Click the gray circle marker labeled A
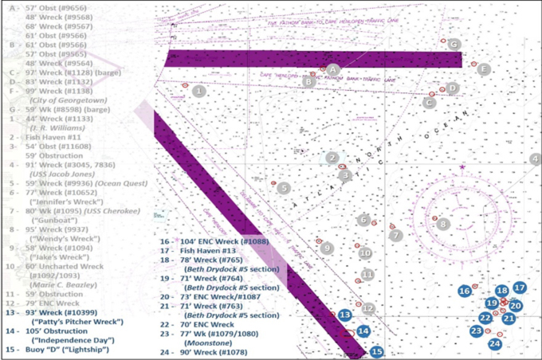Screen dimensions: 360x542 pyautogui.click(x=334, y=69)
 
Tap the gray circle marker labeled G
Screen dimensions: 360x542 pyautogui.click(x=454, y=44)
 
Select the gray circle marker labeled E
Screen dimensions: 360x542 pyautogui.click(x=483, y=68)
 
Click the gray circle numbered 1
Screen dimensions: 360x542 pyautogui.click(x=198, y=91)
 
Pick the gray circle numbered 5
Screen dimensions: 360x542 pyautogui.click(x=283, y=188)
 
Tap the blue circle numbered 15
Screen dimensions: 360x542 pyautogui.click(x=377, y=350)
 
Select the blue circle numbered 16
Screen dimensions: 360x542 pyautogui.click(x=464, y=292)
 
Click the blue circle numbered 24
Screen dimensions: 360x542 pyautogui.click(x=494, y=343)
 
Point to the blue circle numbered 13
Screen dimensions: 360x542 pyautogui.click(x=344, y=315)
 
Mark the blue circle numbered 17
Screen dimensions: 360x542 pyautogui.click(x=520, y=288)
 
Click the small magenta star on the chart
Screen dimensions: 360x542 pyautogui.click(x=462, y=167)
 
